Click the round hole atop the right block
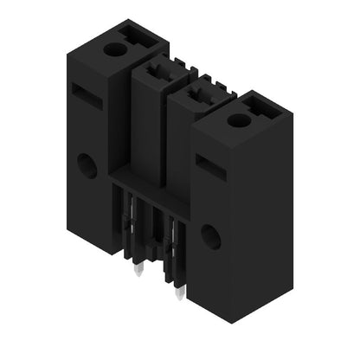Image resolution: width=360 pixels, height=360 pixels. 236,119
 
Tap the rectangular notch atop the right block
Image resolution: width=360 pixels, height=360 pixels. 260,106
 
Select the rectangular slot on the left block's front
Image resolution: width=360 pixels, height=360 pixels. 87,95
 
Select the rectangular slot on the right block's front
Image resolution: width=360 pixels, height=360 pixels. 210,167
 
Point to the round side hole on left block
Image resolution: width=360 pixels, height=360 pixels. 87,164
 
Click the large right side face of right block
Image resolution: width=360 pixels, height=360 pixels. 260,225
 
